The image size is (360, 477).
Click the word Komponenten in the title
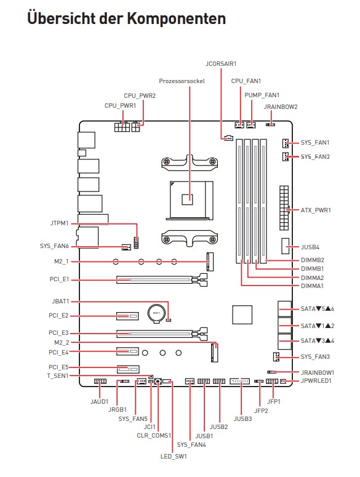point(177,19)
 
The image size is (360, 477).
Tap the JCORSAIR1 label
point(221,64)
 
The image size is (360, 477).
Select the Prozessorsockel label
point(182,81)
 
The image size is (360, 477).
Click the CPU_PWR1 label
point(121,106)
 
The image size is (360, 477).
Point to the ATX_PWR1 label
point(316,210)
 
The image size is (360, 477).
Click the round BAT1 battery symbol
point(156,313)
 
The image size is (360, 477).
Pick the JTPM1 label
point(59,223)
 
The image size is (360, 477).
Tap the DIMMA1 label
point(312,286)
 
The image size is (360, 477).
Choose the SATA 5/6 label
point(318,309)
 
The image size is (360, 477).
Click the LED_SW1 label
point(174,456)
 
